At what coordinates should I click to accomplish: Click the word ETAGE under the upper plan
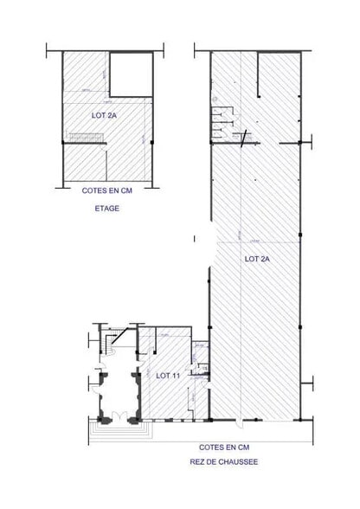[109, 209]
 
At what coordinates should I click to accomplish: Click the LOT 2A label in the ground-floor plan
[257, 258]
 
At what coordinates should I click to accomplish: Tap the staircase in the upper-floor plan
[86, 137]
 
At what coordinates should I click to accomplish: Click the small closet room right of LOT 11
[200, 367]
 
